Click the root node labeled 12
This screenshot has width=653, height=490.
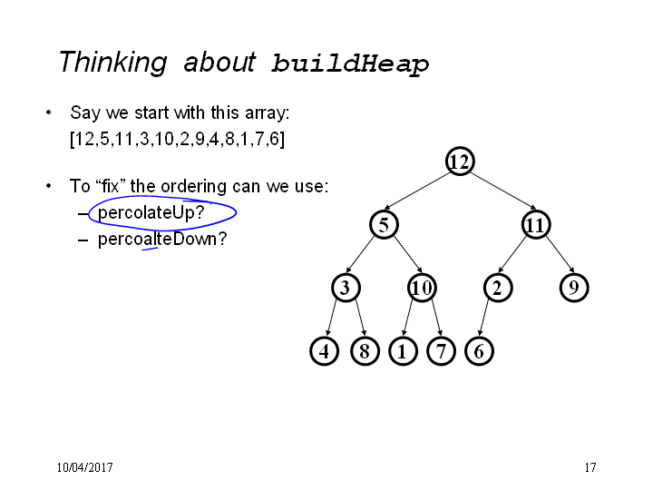[x=460, y=161]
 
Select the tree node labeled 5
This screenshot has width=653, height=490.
[x=384, y=225]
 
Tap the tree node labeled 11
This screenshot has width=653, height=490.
[x=536, y=225]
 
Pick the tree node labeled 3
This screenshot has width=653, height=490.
[x=346, y=288]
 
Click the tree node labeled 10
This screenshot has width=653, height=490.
[x=422, y=288]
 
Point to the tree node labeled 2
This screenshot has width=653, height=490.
[x=498, y=288]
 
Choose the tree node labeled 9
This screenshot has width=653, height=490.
[x=574, y=288]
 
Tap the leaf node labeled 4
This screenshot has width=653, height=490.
[x=324, y=351]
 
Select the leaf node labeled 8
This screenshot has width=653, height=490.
[x=365, y=351]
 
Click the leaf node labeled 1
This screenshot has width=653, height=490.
[x=403, y=351]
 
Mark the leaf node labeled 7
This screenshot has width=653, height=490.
[x=441, y=351]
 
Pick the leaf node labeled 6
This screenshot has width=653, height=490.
[x=479, y=351]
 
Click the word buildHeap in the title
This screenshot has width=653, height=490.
[x=350, y=64]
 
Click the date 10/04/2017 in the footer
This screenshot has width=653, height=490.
[x=85, y=467]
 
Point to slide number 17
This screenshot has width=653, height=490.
[x=590, y=467]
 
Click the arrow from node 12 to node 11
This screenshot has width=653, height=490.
[x=503, y=191]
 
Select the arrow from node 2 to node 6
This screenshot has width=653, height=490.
[x=485, y=318]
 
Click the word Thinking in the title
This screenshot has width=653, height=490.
[x=113, y=63]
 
